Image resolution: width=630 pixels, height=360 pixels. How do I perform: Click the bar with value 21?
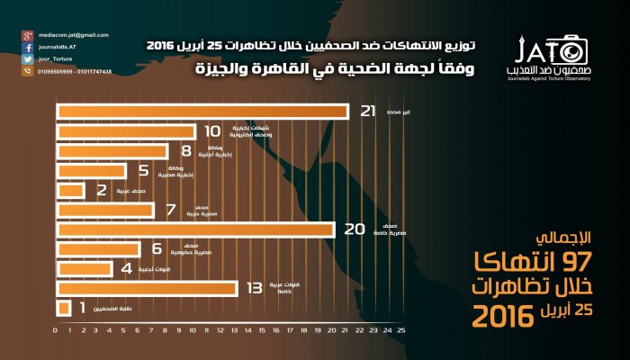click(x=202, y=112)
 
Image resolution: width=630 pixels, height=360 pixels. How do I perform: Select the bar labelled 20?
click(x=195, y=229)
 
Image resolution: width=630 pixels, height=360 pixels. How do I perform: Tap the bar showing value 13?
click(x=147, y=288)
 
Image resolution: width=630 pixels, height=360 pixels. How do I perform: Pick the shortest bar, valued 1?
click(x=64, y=309)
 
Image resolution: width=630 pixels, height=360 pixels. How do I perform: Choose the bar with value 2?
click(x=70, y=191)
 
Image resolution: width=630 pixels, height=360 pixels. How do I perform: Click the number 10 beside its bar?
click(x=213, y=131)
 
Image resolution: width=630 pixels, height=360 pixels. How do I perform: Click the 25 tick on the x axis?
click(x=389, y=331)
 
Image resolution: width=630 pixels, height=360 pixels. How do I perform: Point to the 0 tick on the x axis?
click(x=56, y=331)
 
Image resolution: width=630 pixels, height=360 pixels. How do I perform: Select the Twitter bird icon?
click(x=27, y=58)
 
